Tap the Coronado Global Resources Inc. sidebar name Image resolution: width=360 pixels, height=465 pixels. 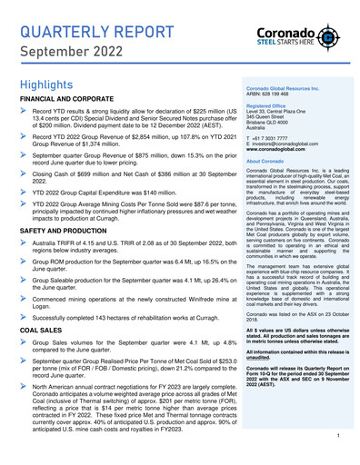(x=281, y=113)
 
